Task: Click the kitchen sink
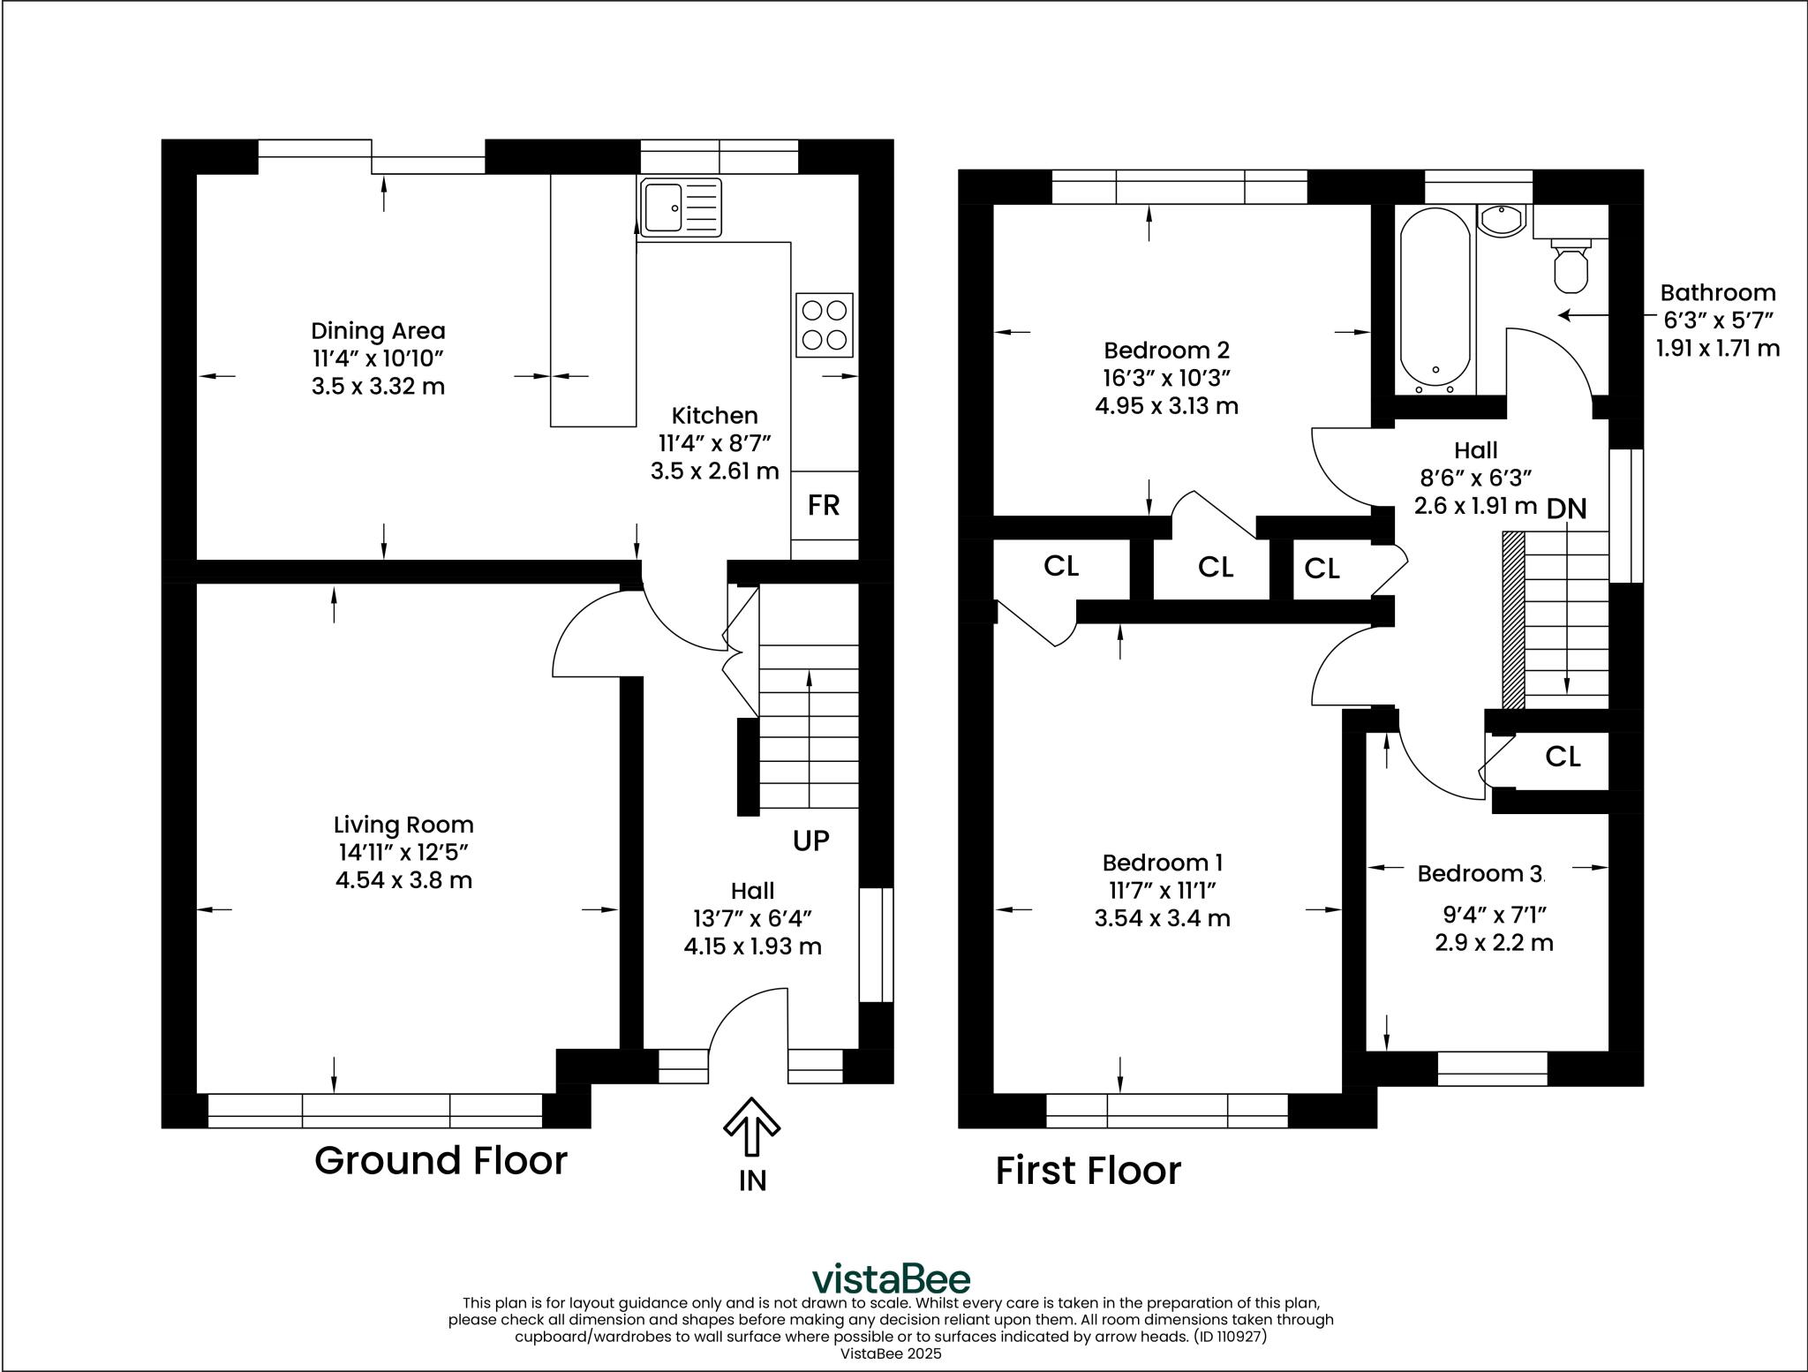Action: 681,208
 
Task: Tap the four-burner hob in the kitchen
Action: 825,325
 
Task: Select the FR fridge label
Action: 824,505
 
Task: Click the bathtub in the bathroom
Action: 1435,300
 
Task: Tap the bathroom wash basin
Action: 1501,220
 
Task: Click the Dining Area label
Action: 378,331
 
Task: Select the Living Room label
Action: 403,825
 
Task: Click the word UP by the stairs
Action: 810,841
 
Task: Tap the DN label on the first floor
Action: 1567,509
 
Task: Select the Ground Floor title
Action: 441,1160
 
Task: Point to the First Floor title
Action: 1089,1171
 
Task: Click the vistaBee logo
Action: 891,1279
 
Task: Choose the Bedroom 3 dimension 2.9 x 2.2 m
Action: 1494,943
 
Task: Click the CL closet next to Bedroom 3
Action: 1563,757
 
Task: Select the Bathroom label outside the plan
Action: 1718,292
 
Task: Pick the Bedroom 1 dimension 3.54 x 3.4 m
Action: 1162,918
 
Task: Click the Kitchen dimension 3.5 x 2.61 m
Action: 714,471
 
